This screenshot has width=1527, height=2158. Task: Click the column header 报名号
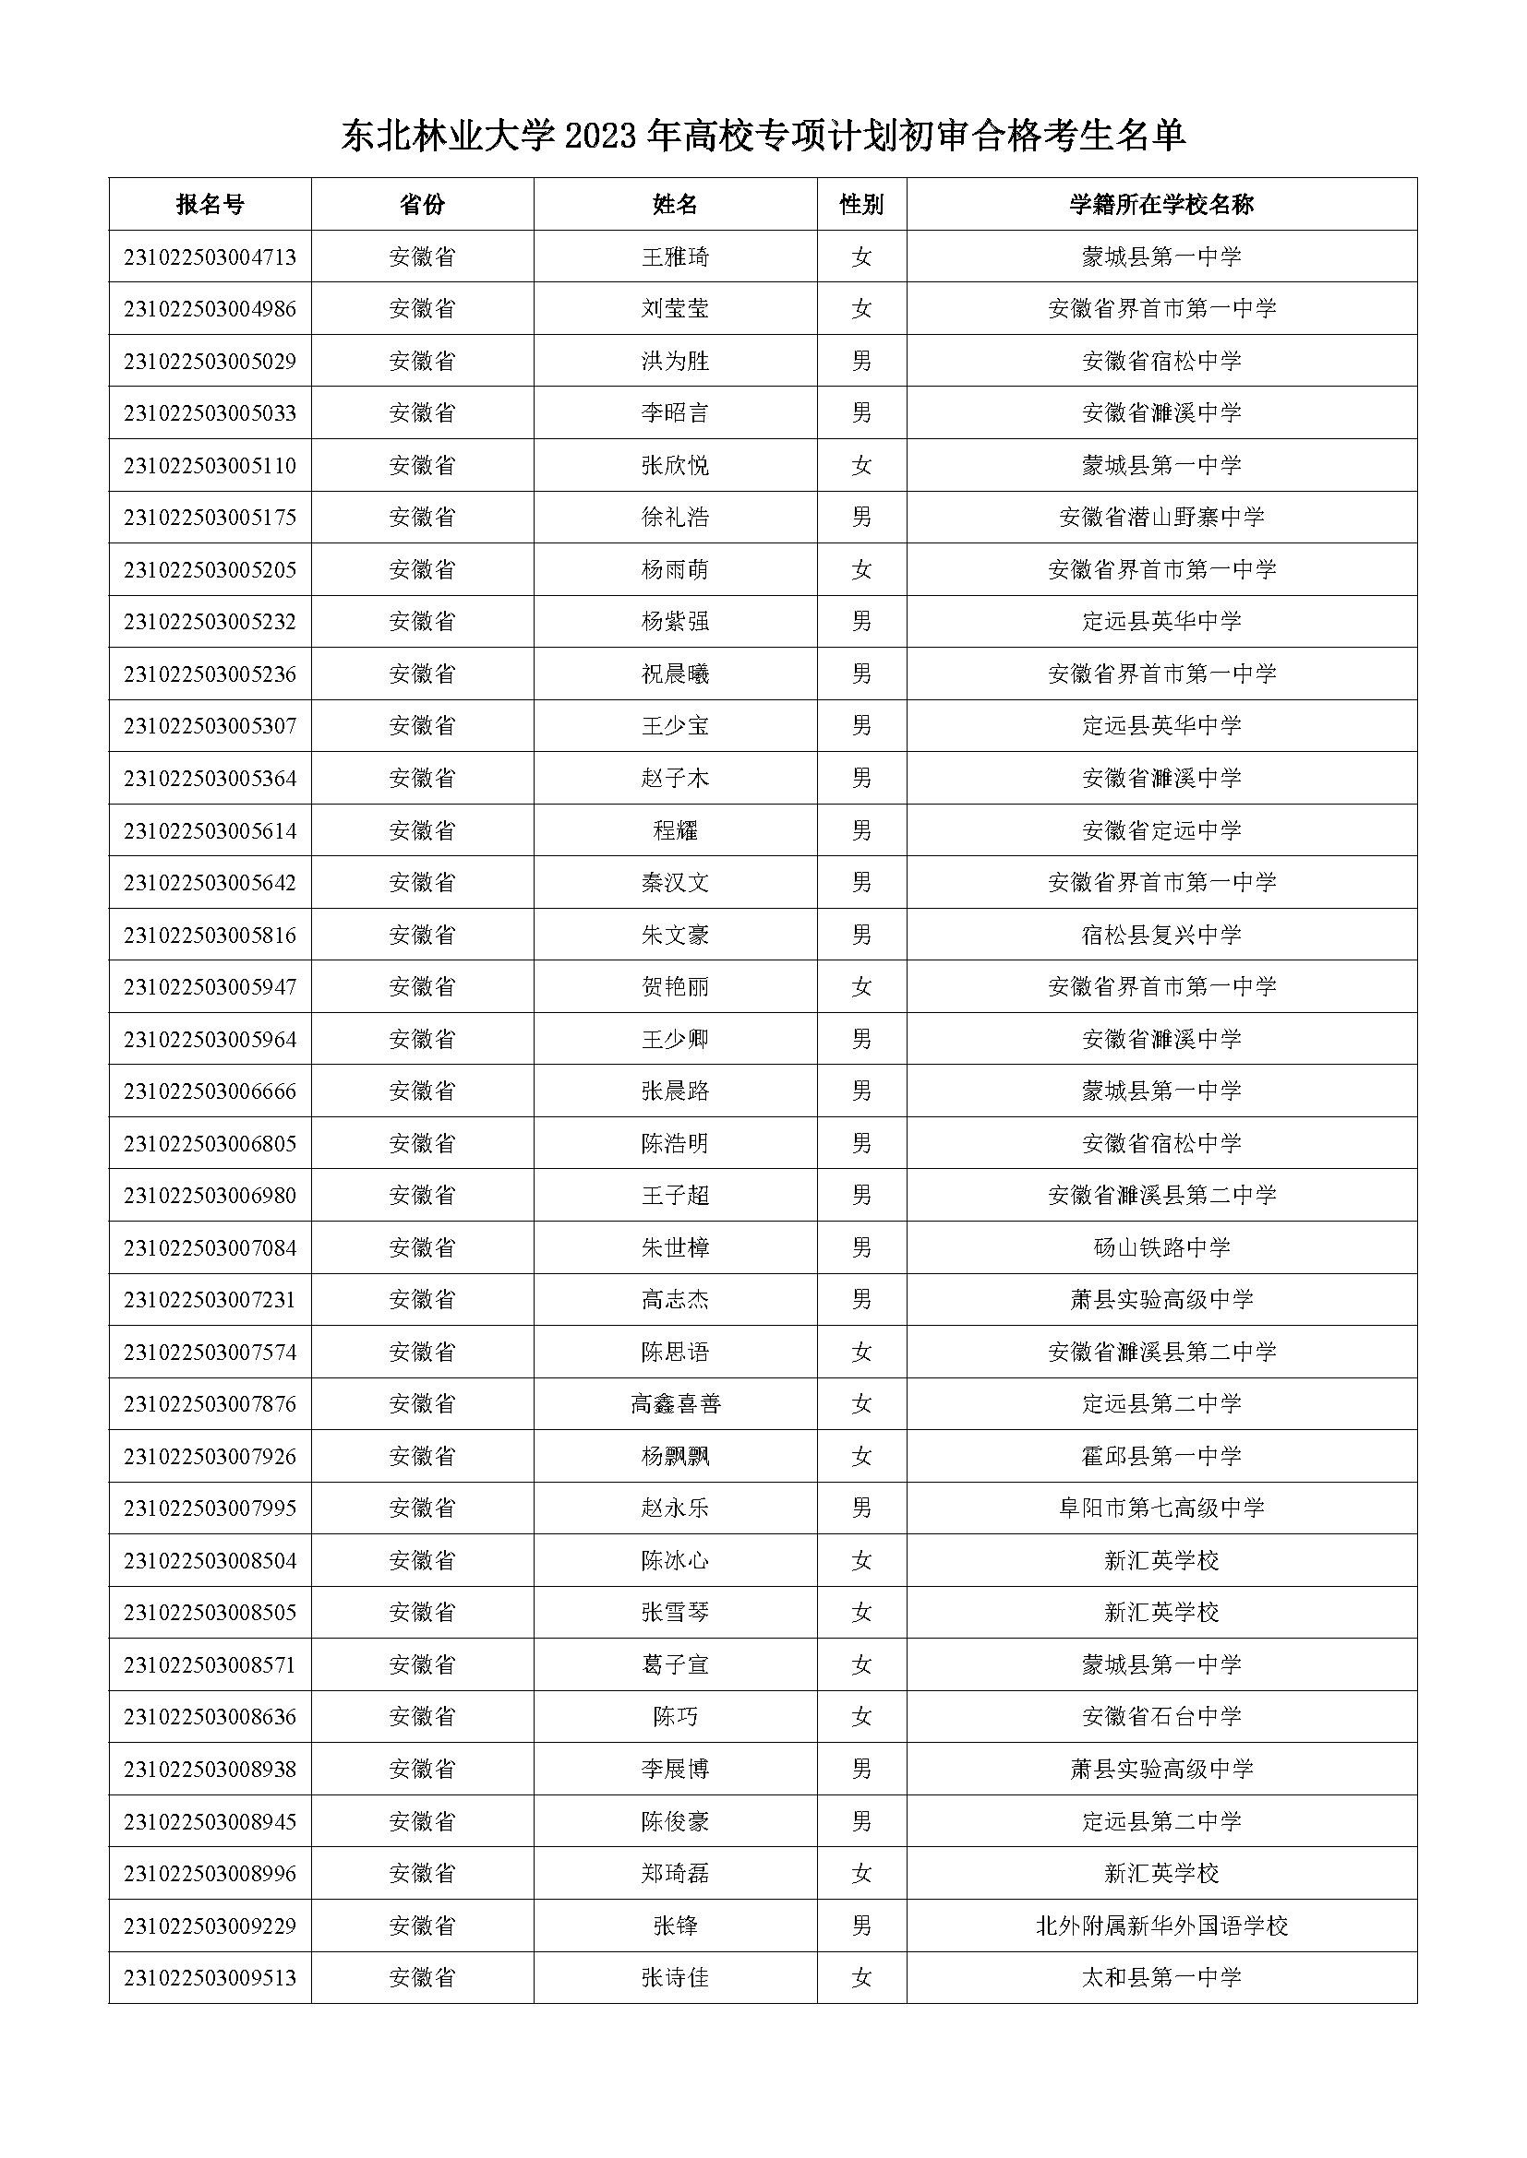(x=210, y=204)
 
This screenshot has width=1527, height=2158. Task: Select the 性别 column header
(x=861, y=204)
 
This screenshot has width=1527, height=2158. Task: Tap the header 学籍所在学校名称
(x=1161, y=204)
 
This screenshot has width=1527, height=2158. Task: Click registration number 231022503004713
(x=210, y=256)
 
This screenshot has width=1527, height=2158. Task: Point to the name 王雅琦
(x=675, y=256)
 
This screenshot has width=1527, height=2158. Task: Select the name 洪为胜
(x=675, y=361)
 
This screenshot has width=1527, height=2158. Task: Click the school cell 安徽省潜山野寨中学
(x=1161, y=517)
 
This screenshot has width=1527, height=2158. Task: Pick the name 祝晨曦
(x=675, y=674)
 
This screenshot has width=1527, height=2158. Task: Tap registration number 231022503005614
(x=210, y=831)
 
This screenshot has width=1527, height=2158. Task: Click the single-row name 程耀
(x=675, y=831)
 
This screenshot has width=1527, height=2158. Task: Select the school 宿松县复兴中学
(x=1161, y=936)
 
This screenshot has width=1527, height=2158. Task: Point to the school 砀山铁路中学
(x=1161, y=1248)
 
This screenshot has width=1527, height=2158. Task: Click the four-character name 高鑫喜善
(x=675, y=1404)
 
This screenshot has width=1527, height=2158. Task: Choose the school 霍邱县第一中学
(x=1161, y=1457)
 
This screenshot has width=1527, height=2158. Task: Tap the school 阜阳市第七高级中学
(x=1161, y=1508)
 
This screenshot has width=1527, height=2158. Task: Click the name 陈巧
(x=675, y=1717)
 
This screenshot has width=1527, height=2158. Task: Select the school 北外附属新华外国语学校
(x=1161, y=1926)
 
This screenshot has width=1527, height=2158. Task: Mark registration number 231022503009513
(x=210, y=1978)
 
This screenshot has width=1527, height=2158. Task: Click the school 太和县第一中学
(x=1161, y=1978)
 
